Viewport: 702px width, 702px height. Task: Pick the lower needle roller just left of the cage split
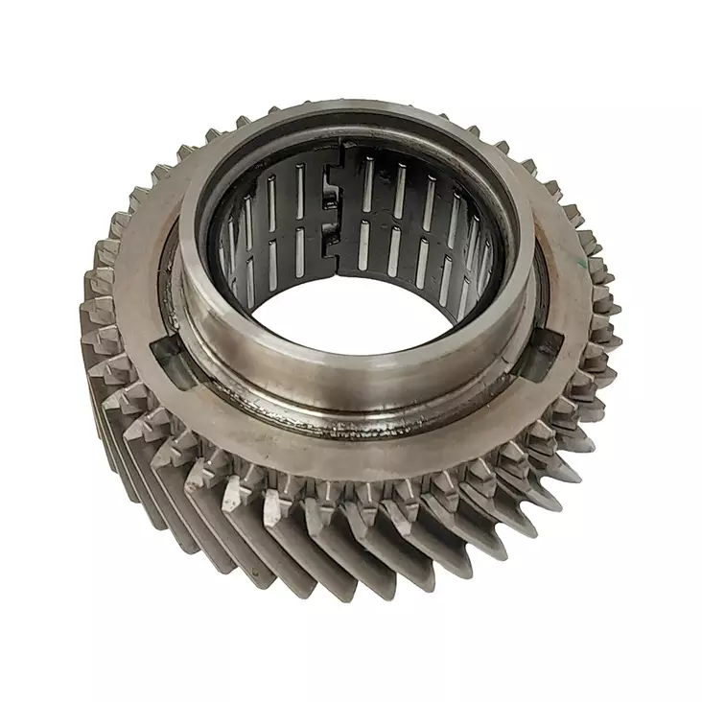coord(321,254)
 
